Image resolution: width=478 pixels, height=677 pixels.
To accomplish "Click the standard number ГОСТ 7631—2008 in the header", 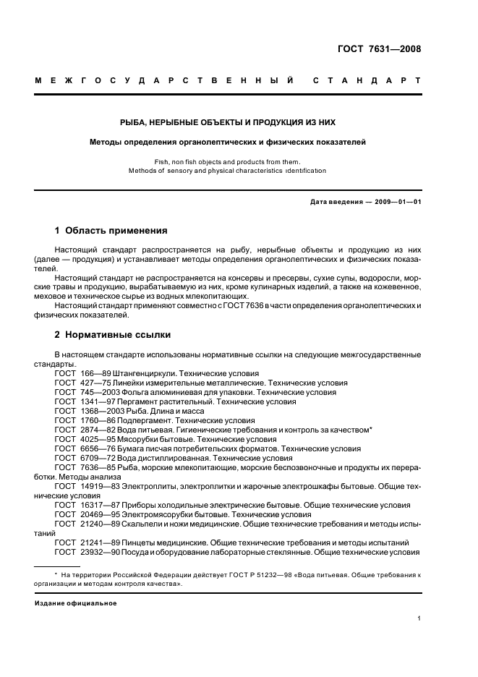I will (379, 50).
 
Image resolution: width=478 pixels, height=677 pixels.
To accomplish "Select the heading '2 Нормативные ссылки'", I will (112, 335).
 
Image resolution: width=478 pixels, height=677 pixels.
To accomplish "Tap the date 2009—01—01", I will (396, 203).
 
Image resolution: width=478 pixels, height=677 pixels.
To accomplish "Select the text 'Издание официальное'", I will (76, 603).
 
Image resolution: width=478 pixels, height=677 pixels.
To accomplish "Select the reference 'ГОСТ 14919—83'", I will (88, 486).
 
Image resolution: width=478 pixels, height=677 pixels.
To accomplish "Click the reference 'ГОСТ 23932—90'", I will (88, 552).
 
